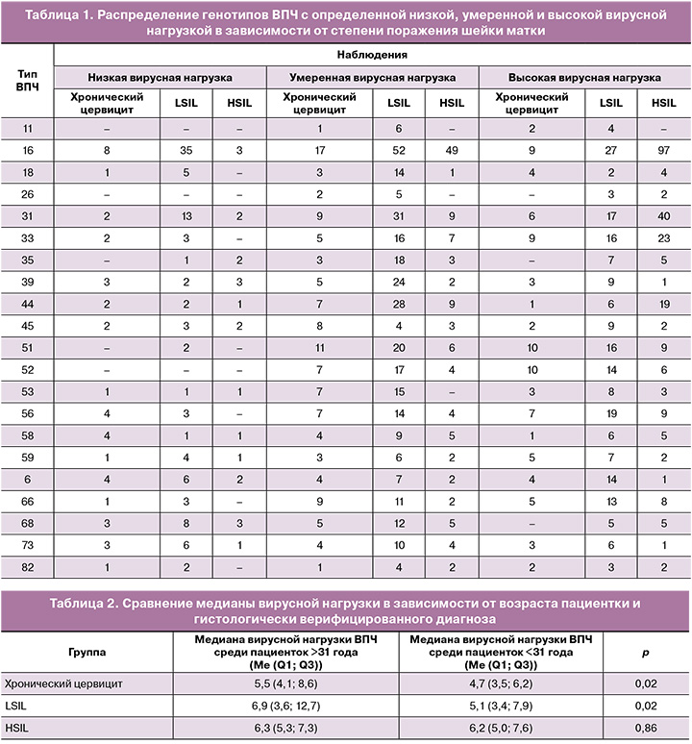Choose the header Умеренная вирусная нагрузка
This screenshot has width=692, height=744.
coord(369,76)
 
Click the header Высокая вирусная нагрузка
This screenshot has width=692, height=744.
coord(585,76)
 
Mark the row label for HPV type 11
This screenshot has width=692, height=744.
coord(28,128)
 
